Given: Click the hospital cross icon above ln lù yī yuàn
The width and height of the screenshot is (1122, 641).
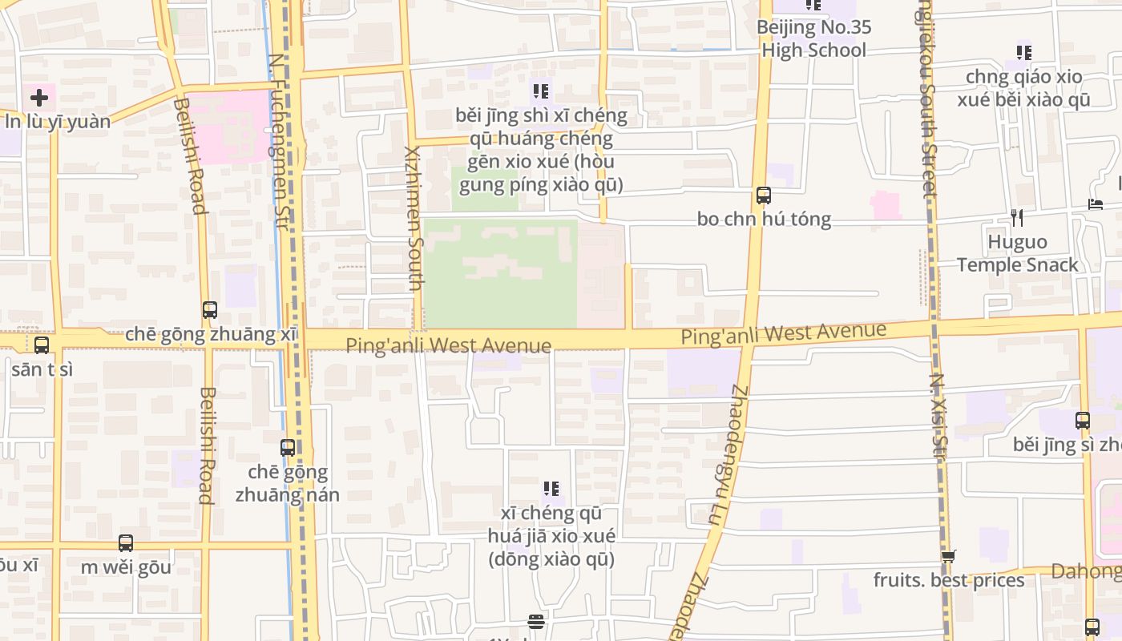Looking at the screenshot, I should (x=38, y=98).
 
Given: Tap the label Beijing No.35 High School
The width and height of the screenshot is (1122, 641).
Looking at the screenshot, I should (x=813, y=38).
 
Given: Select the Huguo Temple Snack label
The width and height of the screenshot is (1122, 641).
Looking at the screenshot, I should (x=1017, y=253).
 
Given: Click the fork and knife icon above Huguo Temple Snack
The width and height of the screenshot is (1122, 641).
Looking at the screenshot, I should (x=1017, y=218).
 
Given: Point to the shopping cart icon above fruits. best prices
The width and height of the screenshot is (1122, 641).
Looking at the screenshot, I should (x=949, y=556).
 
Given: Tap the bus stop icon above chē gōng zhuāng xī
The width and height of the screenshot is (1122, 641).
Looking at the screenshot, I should (x=210, y=309).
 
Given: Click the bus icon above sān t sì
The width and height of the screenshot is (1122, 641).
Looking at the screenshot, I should (x=42, y=345).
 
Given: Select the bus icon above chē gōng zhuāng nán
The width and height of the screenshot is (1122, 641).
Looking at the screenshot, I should (x=288, y=448).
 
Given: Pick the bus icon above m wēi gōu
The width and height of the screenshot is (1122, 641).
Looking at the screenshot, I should (x=126, y=543).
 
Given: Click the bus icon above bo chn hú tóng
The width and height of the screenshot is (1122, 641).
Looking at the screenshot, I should (x=764, y=195).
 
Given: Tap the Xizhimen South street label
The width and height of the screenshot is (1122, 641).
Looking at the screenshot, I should (x=414, y=218).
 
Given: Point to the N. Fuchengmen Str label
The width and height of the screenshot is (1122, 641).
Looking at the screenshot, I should (x=279, y=141).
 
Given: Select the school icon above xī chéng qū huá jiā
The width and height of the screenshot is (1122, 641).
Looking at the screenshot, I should (x=551, y=488).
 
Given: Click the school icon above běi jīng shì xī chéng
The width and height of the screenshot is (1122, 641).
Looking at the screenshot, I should (x=541, y=91).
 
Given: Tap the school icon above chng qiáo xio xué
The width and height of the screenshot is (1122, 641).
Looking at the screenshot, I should (x=1023, y=53).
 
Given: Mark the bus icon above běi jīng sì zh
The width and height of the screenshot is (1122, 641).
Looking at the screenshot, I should (x=1082, y=420).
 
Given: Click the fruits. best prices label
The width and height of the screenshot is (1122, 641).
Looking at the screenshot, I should (x=949, y=580).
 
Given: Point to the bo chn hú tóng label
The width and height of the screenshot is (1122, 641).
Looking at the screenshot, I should (x=764, y=219).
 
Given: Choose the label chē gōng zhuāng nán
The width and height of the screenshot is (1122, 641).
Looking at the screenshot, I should (x=288, y=483).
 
